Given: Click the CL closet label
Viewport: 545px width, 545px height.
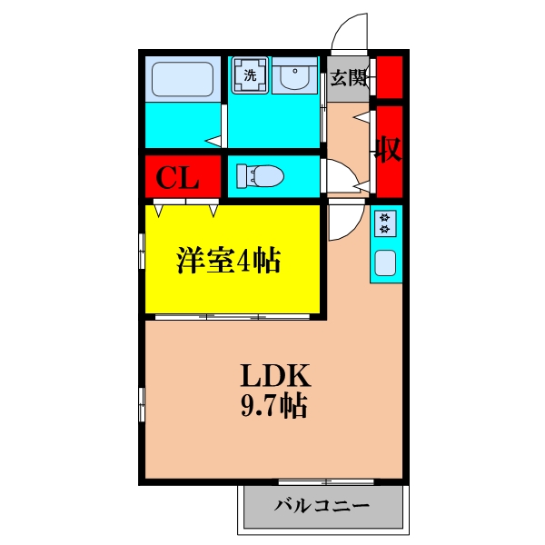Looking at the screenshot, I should coord(178,177).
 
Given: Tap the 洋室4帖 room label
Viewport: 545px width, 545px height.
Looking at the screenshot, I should coord(227,262).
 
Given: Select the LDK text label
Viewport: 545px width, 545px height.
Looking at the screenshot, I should coord(275,374).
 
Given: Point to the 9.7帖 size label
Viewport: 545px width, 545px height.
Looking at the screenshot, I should coord(274,405).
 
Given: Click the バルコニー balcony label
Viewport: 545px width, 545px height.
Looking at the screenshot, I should coord(321,505).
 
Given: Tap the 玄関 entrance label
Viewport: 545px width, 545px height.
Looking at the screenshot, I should coord(348,77).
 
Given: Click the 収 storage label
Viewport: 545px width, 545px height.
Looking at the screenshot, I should coord(390,151).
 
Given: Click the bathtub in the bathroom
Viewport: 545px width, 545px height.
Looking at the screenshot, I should coord(181,79).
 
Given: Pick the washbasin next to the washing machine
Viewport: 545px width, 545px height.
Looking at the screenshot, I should coord(294,78).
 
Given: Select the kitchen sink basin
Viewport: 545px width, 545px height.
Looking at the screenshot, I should coord(385,264).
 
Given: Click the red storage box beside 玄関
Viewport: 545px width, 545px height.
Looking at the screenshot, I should coord(391,77).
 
